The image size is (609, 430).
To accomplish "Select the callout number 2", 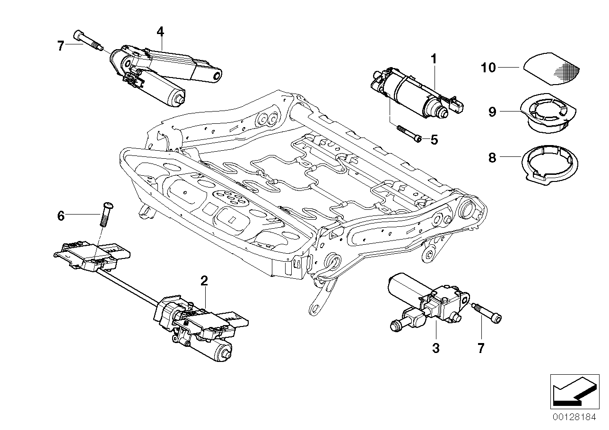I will pos(204,281).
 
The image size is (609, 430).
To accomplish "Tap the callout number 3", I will pos(435,348).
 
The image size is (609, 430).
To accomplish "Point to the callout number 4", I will pos(160,32).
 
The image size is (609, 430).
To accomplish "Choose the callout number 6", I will pos(61,216).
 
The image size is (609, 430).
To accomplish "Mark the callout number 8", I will pos(492,157).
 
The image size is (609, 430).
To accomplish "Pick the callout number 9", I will pos(492,112).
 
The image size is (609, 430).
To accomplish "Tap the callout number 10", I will pos(488,68).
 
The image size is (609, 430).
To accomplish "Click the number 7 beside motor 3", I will pos(481,348).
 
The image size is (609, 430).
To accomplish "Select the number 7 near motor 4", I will pos(60,46).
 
